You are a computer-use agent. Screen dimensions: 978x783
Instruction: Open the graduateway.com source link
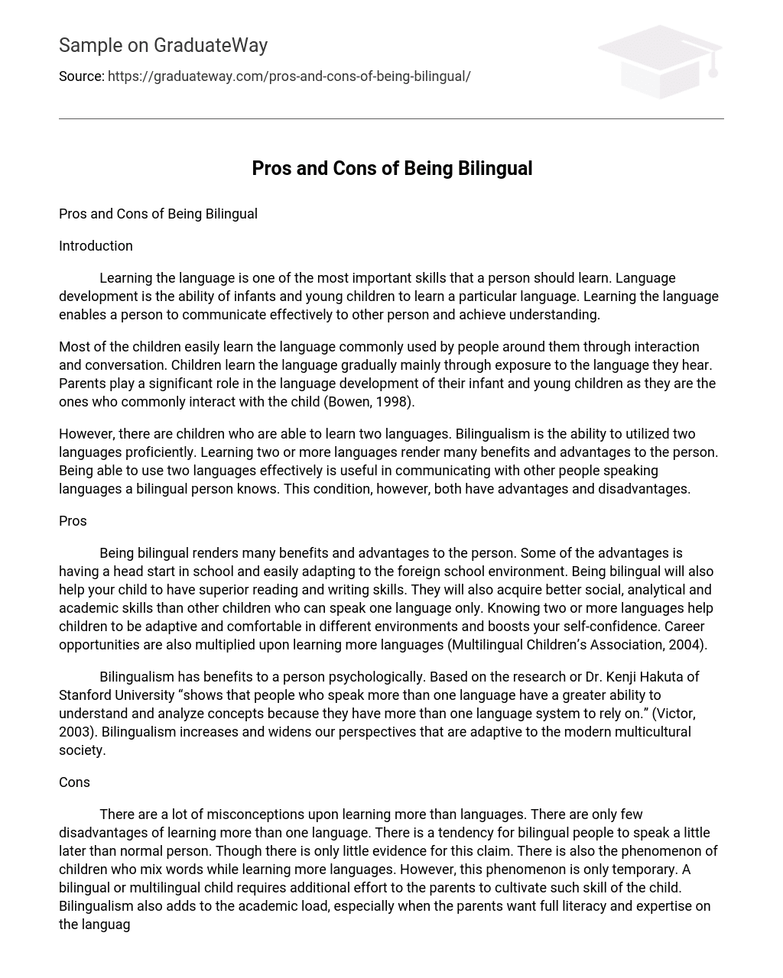[x=289, y=76]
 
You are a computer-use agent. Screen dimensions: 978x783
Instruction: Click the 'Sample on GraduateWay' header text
[x=163, y=46]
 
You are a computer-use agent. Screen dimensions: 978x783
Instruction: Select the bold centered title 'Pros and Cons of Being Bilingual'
[x=391, y=168]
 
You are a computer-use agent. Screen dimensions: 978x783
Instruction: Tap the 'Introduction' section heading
[x=96, y=246]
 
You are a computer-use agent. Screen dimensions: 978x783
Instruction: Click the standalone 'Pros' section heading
[x=73, y=521]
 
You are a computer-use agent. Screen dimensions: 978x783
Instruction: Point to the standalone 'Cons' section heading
[x=74, y=782]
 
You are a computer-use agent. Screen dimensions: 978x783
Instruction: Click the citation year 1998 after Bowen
[x=395, y=402]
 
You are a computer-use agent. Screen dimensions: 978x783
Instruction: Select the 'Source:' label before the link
[x=81, y=76]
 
